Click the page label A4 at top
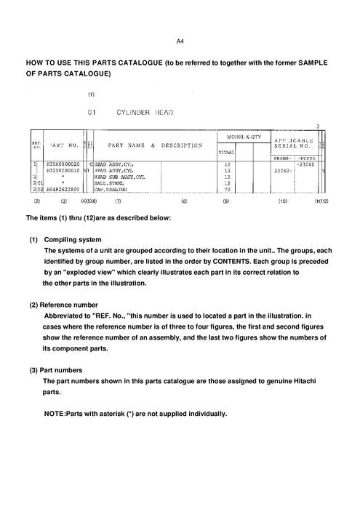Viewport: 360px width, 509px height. (x=180, y=41)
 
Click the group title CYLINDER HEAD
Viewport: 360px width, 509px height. (x=143, y=114)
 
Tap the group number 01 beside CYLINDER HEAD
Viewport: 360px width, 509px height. (x=92, y=114)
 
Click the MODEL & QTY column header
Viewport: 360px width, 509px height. (x=234, y=137)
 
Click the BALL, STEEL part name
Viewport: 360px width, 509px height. (x=111, y=183)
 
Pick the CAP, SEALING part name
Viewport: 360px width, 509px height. (x=112, y=189)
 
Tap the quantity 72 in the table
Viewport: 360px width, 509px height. (x=227, y=189)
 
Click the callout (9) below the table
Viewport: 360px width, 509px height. (x=226, y=200)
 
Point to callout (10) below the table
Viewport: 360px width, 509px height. (x=282, y=200)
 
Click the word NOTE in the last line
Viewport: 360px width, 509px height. (x=55, y=414)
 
